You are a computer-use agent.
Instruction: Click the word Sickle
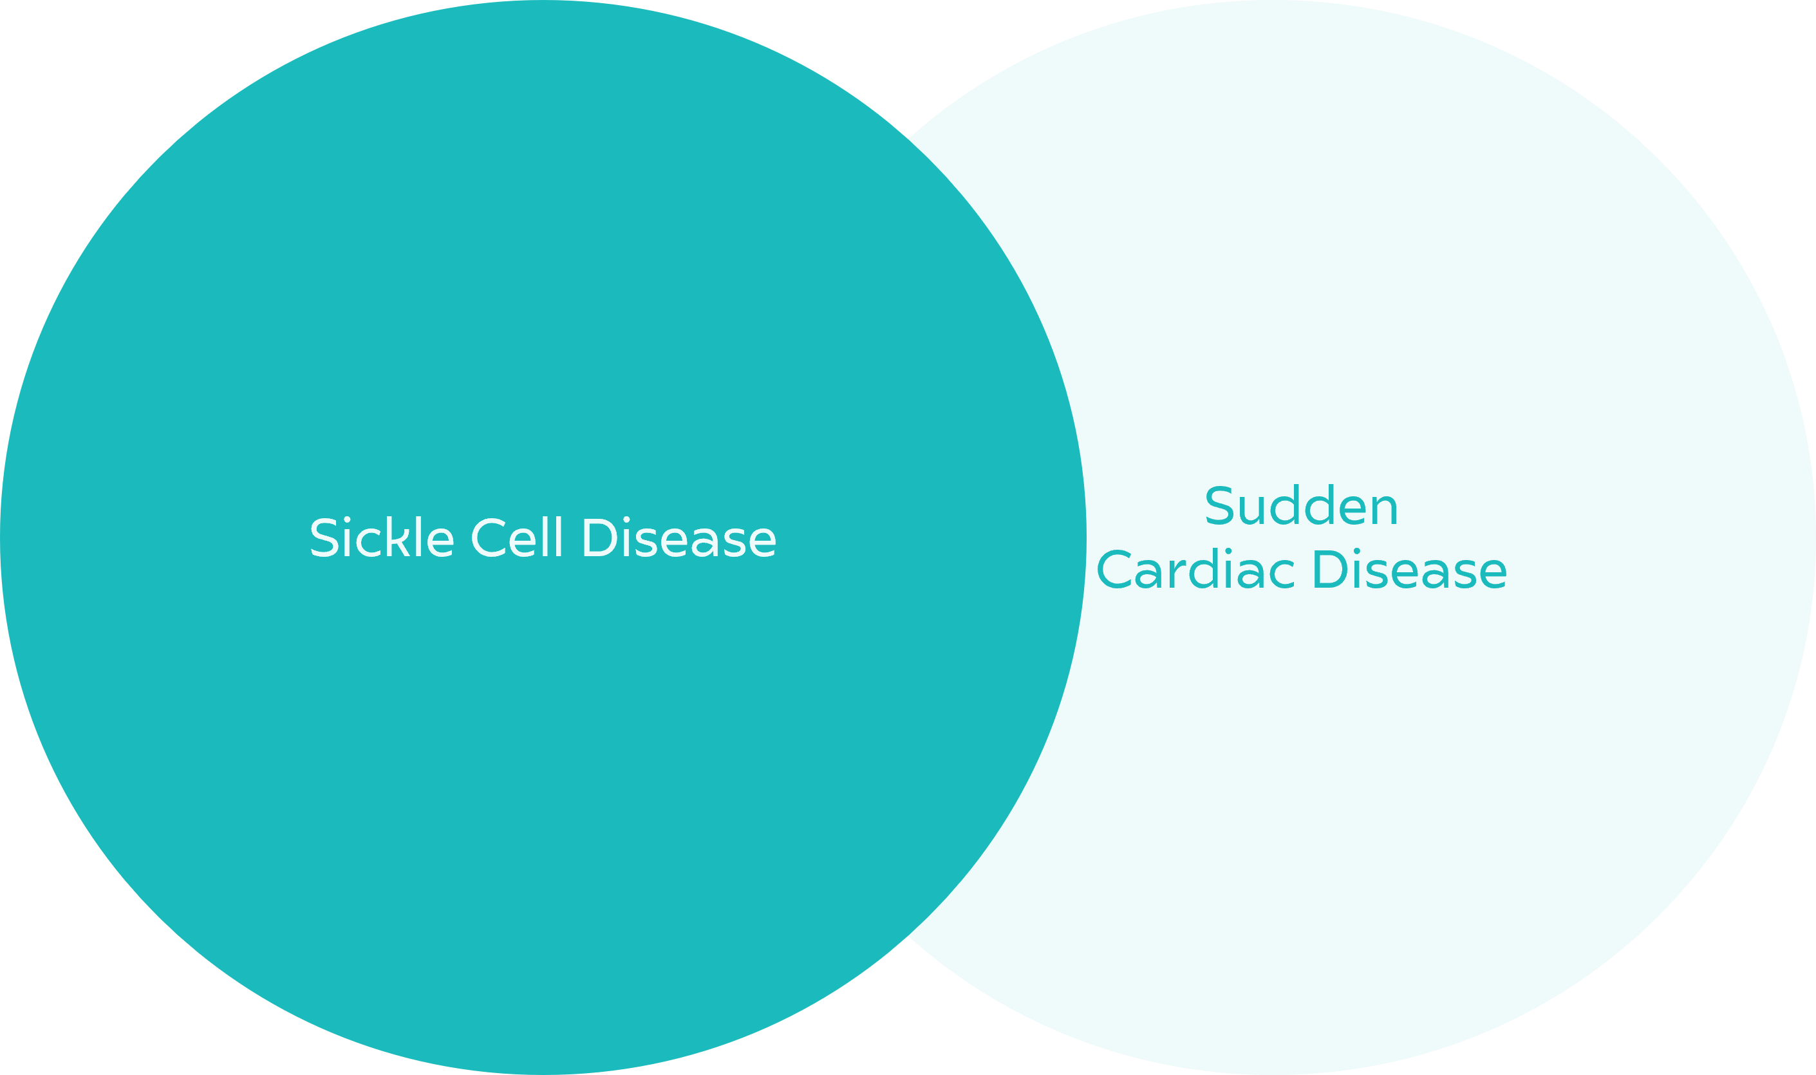(382, 536)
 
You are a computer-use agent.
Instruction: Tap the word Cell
(516, 536)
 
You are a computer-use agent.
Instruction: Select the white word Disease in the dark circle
(679, 537)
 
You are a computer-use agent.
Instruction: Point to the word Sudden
(1300, 504)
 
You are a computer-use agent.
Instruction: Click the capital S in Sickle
(324, 537)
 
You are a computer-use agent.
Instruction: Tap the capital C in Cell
(488, 537)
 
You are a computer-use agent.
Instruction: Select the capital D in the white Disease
(600, 537)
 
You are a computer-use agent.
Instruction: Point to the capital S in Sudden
(1219, 505)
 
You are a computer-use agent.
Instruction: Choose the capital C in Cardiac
(1114, 568)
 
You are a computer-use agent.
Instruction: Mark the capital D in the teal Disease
(1330, 568)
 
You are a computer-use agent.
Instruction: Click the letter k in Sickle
(398, 536)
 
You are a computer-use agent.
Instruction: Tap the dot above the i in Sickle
(347, 519)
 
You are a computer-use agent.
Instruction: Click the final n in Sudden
(1383, 510)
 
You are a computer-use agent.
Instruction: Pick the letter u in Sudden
(1251, 510)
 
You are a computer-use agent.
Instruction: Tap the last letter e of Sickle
(440, 543)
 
